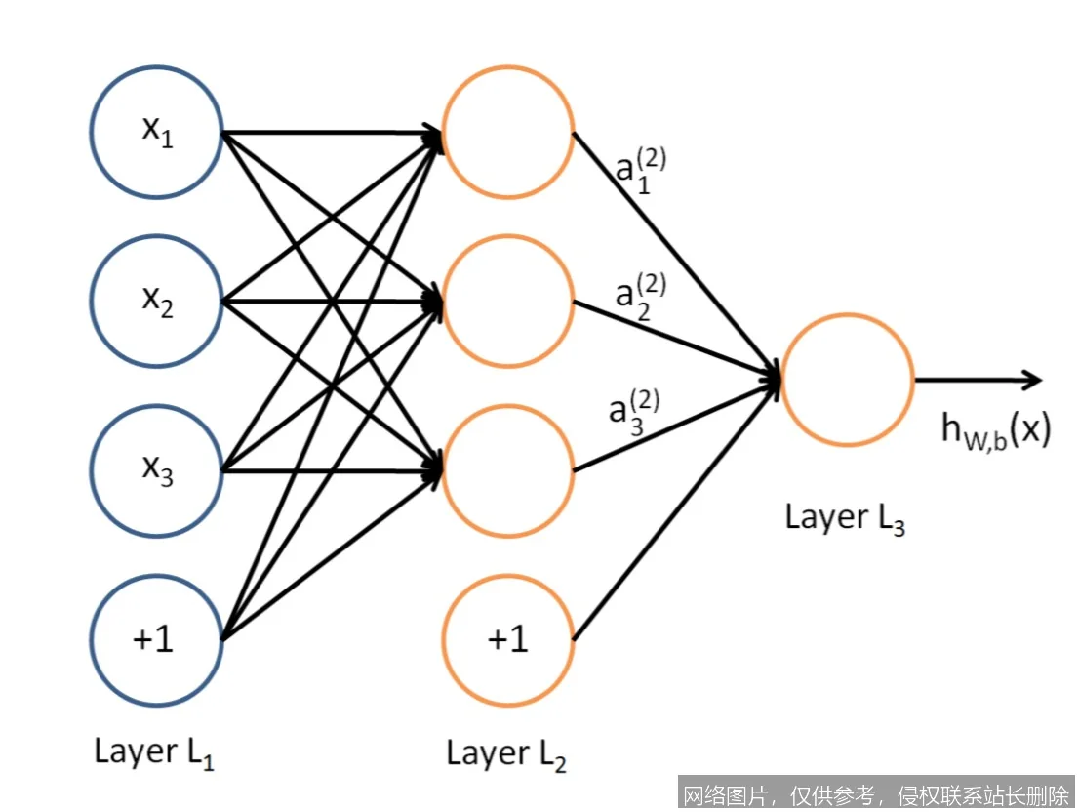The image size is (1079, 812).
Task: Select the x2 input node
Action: click(x=156, y=301)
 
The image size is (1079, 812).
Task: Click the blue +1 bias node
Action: click(x=156, y=640)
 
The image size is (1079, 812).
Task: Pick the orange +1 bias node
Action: click(x=508, y=640)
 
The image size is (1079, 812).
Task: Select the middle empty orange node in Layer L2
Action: click(x=508, y=301)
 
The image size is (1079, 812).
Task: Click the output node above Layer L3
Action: click(x=847, y=379)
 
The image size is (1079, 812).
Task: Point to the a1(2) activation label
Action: click(x=640, y=172)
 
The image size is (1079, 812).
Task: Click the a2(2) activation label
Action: click(x=640, y=293)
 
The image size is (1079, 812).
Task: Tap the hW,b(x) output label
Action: click(x=995, y=430)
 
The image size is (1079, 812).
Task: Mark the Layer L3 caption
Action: click(x=845, y=518)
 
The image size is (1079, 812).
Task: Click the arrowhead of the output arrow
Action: click(x=1032, y=380)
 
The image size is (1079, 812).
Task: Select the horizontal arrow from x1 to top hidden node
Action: click(x=322, y=132)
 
